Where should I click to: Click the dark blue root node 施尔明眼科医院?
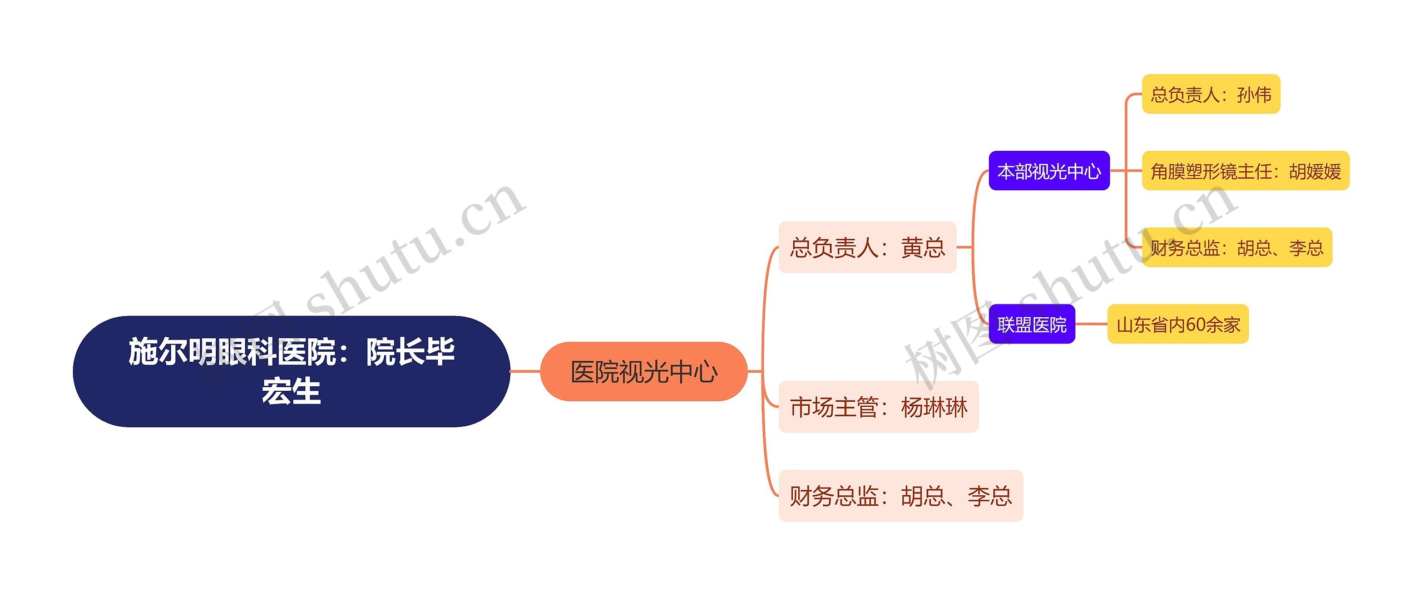click(291, 371)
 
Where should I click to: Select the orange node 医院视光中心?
click(644, 372)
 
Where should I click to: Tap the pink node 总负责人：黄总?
click(867, 248)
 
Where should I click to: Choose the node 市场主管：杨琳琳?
click(878, 407)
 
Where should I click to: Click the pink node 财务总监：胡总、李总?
click(900, 496)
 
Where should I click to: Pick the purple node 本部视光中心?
click(1049, 171)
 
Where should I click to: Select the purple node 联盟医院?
click(1031, 324)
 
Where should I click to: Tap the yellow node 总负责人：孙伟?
click(1210, 95)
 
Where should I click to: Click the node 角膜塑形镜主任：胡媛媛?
click(1245, 171)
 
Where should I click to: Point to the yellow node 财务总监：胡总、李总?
click(1237, 248)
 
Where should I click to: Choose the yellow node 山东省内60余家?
click(1178, 324)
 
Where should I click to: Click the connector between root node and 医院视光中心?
click(525, 371)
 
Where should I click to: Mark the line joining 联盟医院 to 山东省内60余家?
click(1091, 324)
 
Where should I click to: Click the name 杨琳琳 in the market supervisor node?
click(934, 407)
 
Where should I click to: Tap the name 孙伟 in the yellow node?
click(1254, 95)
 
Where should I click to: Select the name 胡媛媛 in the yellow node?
click(1315, 171)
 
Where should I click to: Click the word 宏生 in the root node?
click(291, 391)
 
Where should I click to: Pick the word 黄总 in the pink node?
click(923, 248)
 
